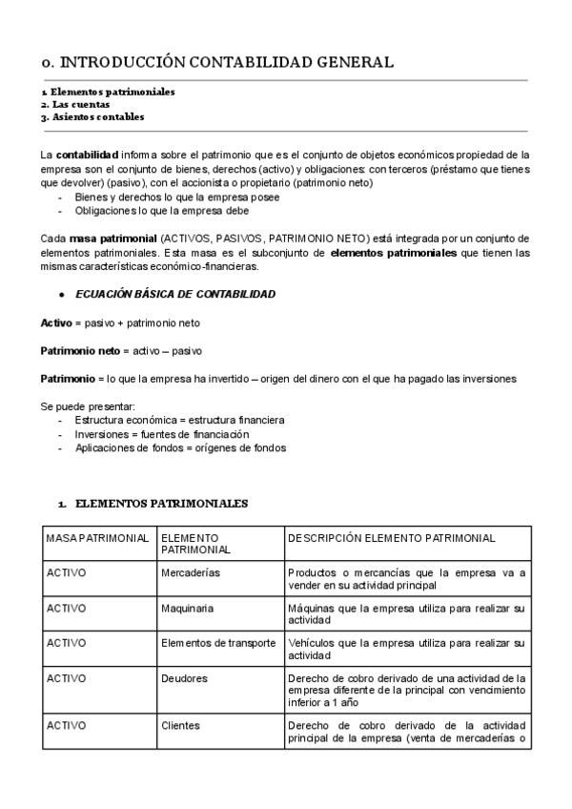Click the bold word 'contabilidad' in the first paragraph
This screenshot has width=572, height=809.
click(x=88, y=154)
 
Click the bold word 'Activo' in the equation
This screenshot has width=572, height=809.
click(x=56, y=322)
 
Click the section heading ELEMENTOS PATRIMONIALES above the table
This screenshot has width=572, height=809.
click(x=160, y=503)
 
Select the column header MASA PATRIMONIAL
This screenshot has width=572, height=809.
click(x=97, y=538)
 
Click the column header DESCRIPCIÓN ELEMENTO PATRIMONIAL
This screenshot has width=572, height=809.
click(x=391, y=538)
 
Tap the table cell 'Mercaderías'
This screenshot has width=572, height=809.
click(x=191, y=573)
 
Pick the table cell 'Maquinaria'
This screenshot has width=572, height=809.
click(x=188, y=608)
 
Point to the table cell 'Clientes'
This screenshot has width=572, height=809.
click(x=181, y=725)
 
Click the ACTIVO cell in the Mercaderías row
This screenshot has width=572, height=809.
click(x=67, y=573)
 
